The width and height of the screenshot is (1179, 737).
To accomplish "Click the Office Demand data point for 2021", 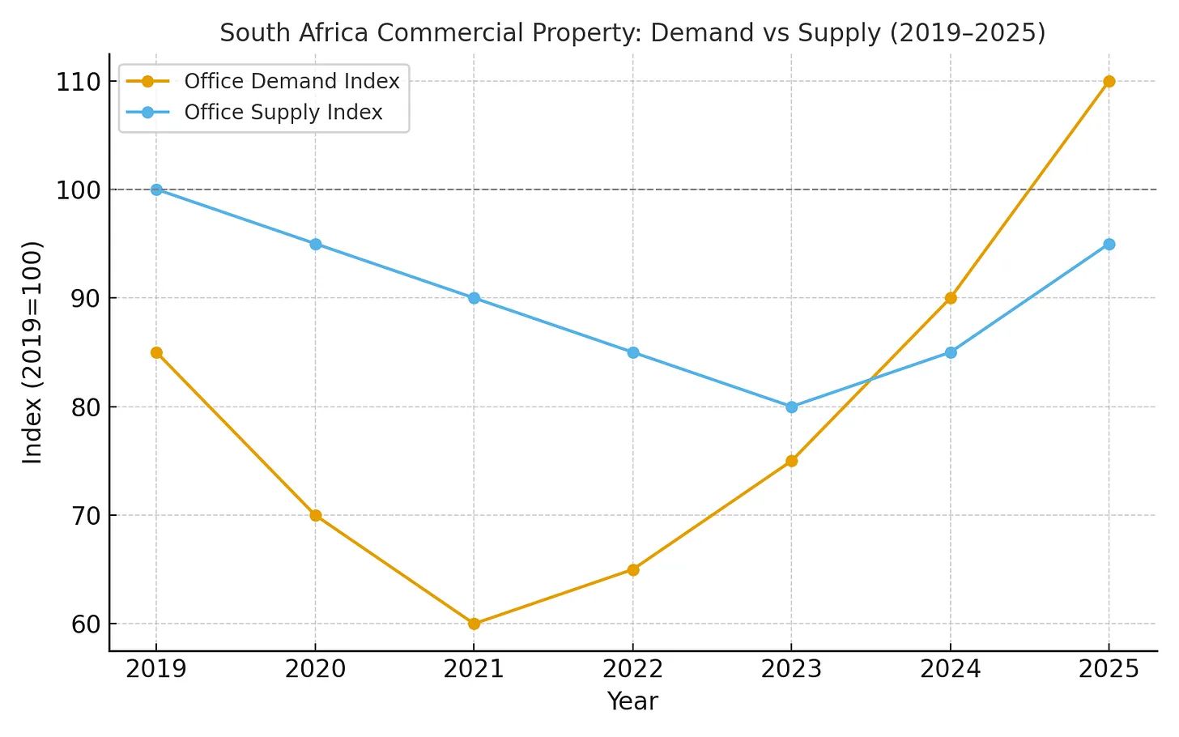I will tap(474, 624).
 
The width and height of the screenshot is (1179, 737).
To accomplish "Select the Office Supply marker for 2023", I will tap(791, 407).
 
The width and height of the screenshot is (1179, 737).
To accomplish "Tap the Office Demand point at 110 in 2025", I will tap(1109, 81).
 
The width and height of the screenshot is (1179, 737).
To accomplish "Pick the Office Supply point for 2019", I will tap(156, 190).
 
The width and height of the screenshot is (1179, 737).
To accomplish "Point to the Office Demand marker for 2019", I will tap(156, 352).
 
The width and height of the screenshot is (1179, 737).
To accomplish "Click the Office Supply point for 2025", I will tap(1109, 244).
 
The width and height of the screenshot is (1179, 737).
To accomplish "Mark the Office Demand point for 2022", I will tap(632, 569).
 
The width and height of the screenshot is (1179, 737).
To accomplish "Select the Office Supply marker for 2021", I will tap(474, 298).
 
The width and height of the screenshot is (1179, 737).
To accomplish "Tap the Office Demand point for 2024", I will tap(950, 298).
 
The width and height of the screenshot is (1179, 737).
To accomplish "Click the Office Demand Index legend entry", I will tap(292, 81).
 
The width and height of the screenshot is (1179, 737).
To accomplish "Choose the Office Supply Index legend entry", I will tap(283, 112).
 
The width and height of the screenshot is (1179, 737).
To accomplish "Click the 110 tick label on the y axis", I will tap(78, 82).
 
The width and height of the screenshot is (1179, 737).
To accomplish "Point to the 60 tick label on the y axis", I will tap(84, 624).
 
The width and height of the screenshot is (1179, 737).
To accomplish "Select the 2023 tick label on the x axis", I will tap(791, 669).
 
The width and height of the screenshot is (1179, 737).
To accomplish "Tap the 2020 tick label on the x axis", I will tap(315, 669).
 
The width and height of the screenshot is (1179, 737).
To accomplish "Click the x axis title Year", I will tap(632, 701).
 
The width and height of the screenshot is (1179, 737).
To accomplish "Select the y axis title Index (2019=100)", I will tap(32, 352).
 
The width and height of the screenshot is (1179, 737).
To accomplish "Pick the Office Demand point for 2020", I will tap(315, 515).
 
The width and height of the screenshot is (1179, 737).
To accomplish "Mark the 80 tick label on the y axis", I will tap(84, 407).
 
